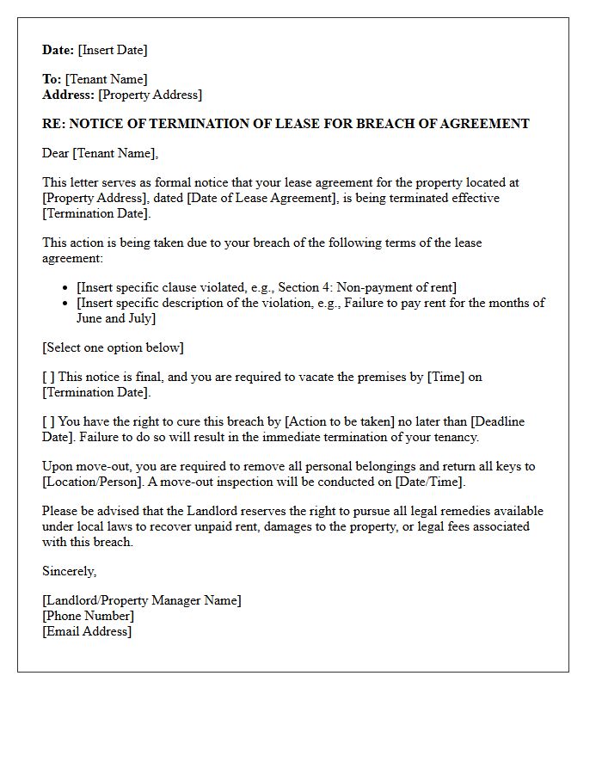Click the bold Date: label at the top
point(58,50)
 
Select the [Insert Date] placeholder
point(113,50)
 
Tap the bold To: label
point(52,79)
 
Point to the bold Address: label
point(68,95)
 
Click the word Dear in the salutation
point(56,153)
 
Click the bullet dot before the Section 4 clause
point(67,288)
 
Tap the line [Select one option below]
point(113,347)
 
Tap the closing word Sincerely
point(69,571)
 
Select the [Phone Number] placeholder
point(88,616)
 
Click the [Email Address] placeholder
point(87,631)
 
